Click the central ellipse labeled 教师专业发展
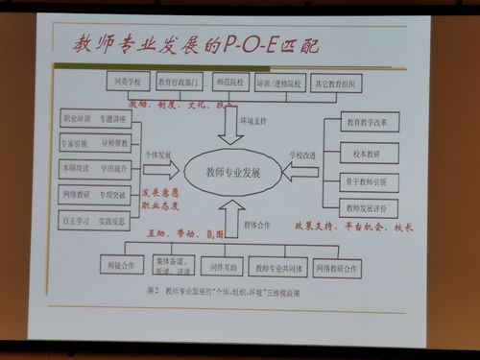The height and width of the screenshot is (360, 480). click(233, 173)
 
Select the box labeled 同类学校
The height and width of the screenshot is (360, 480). click(127, 83)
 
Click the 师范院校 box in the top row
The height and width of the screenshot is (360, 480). click(228, 83)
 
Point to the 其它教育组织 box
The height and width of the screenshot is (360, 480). click(332, 84)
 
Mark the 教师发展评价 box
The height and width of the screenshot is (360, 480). click(367, 206)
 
